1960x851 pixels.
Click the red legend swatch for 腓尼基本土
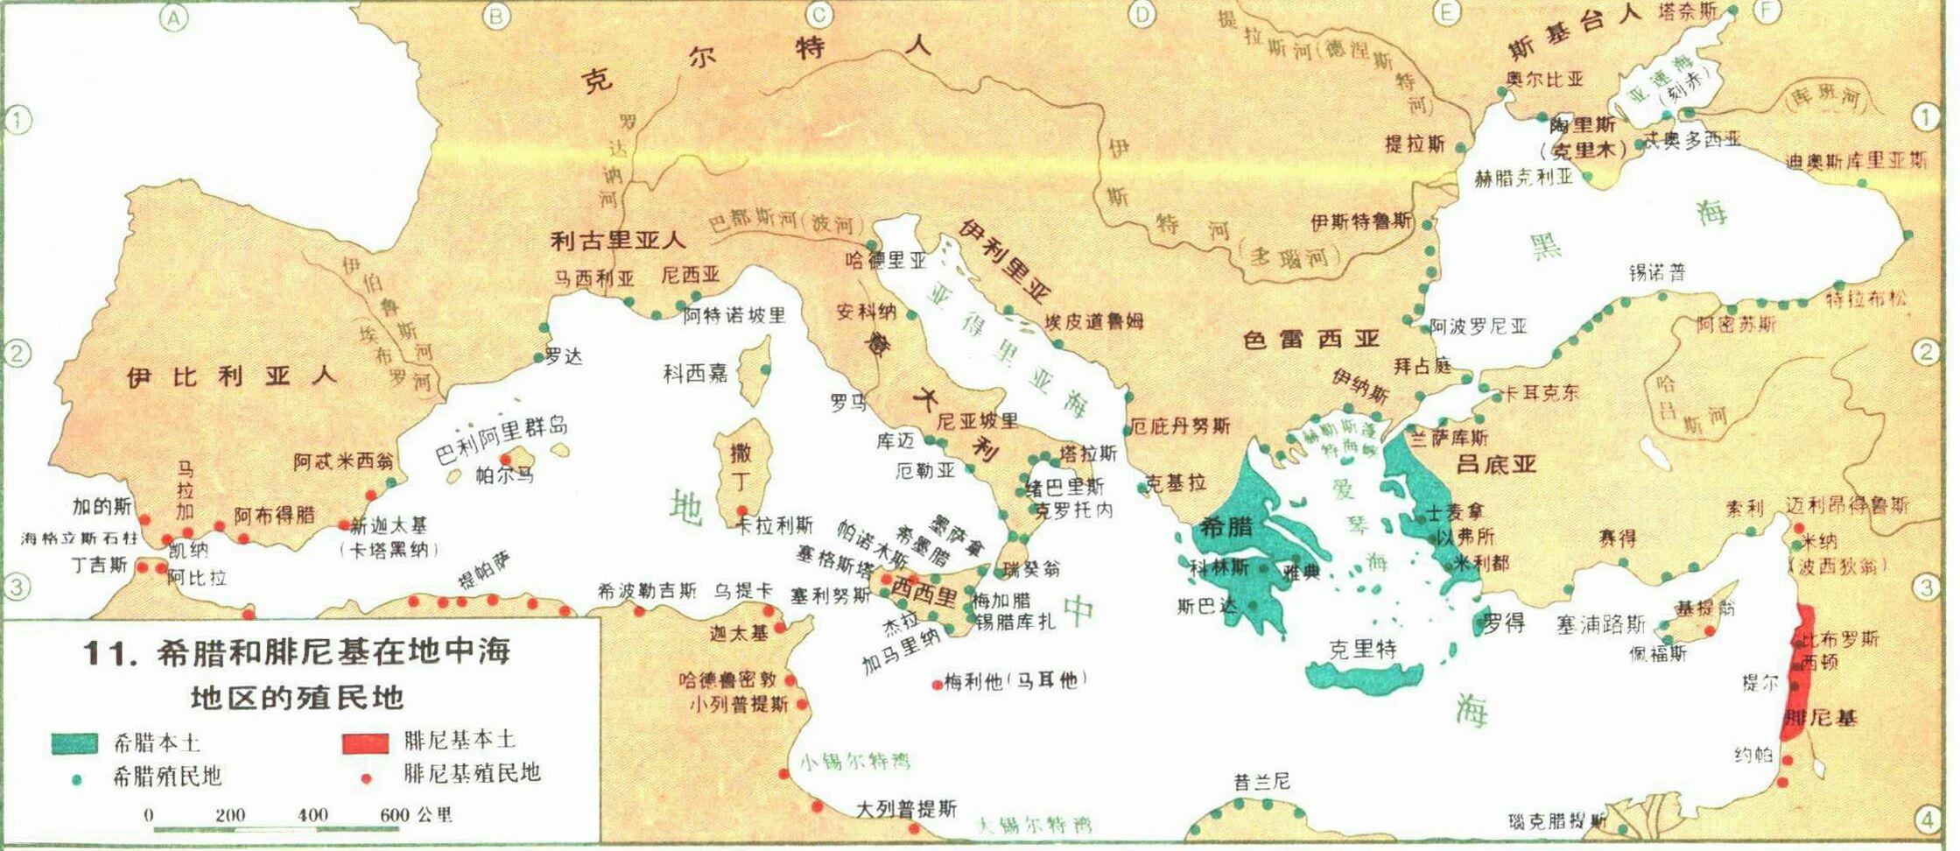click(365, 743)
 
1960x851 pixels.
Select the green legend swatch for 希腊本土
click(74, 743)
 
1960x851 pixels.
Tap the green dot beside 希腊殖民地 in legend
click(77, 778)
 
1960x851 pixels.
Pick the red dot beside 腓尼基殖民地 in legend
click(367, 777)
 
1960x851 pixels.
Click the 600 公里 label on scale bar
click(416, 814)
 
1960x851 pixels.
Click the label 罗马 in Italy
click(849, 402)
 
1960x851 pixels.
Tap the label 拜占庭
click(1423, 365)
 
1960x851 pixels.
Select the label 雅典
click(1300, 573)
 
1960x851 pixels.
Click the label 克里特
click(1363, 649)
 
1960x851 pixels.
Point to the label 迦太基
click(739, 632)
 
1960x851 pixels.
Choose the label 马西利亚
click(594, 278)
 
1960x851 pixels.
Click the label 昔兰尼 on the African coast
click(1261, 781)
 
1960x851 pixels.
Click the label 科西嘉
click(695, 374)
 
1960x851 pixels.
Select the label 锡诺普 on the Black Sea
click(1657, 272)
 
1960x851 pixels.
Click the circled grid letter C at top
click(820, 13)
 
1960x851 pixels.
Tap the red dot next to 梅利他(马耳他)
click(938, 684)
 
